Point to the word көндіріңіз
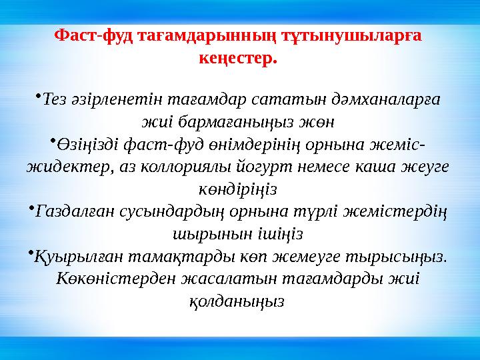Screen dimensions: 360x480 click(239, 190)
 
